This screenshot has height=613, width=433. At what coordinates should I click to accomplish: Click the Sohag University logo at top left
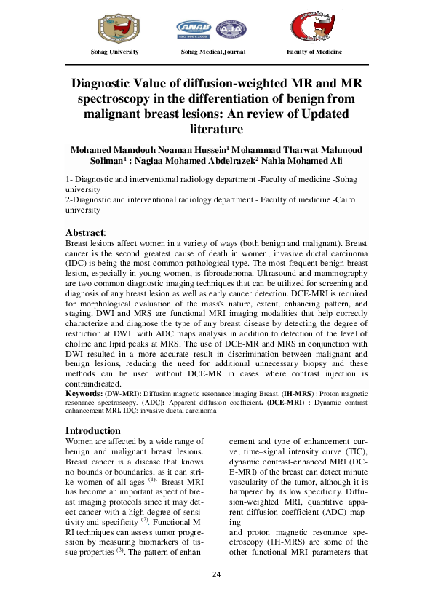tap(114, 27)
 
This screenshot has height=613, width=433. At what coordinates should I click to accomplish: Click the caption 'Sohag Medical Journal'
tap(213, 52)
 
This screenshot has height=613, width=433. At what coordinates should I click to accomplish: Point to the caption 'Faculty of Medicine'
tap(315, 52)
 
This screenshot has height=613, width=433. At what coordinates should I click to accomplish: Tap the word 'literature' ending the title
tap(216, 130)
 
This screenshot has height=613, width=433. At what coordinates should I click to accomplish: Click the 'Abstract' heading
tap(85, 232)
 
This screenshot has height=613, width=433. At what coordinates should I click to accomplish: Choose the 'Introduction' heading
tap(93, 430)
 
